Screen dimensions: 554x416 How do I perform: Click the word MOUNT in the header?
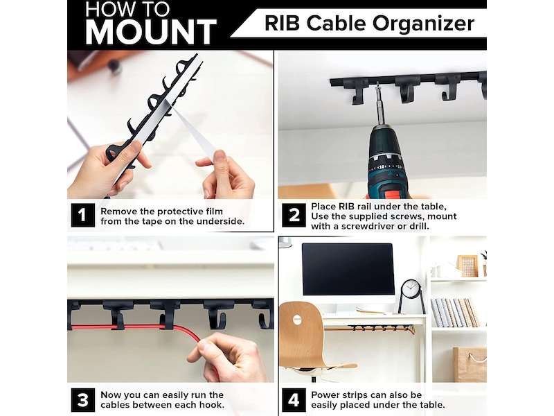point(150,32)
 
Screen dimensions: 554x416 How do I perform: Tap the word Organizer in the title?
point(423,24)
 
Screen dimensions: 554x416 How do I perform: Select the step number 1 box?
point(82,215)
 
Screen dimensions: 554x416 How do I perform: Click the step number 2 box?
point(294,215)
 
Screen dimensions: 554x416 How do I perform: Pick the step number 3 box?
point(82,400)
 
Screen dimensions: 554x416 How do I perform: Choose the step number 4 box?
point(294,400)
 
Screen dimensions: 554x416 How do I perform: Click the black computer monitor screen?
point(348,269)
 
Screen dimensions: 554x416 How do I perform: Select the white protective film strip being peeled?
point(195,132)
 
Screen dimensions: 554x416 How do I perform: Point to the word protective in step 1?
point(181,211)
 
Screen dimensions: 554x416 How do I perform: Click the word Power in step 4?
point(324,395)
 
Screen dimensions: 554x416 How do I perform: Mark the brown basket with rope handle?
point(470,365)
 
